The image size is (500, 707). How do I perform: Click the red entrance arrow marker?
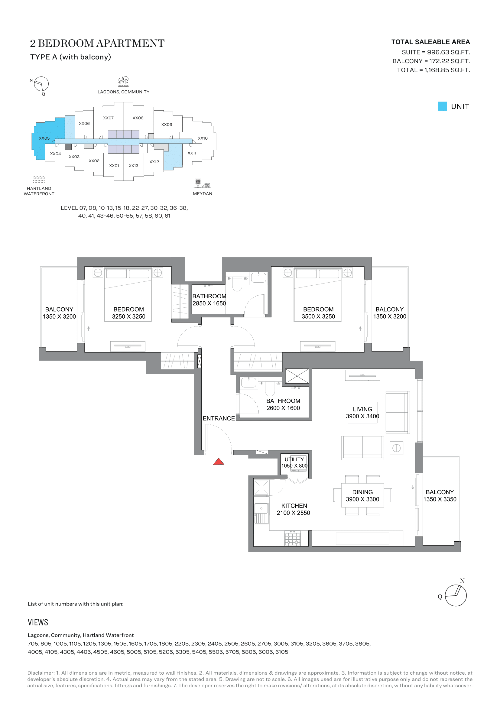pyautogui.click(x=219, y=462)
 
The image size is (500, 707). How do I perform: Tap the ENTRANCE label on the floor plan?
pyautogui.click(x=219, y=418)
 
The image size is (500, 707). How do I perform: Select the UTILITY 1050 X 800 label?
pyautogui.click(x=294, y=462)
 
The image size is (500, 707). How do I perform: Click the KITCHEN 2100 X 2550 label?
pyautogui.click(x=294, y=509)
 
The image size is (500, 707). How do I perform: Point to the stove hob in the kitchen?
pyautogui.click(x=292, y=539)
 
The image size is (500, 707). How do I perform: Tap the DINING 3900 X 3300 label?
pyautogui.click(x=362, y=496)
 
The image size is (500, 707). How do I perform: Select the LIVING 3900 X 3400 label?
pyautogui.click(x=362, y=413)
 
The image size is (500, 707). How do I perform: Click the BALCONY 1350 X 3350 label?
pyautogui.click(x=440, y=496)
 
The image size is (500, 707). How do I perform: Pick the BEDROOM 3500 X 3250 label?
pyautogui.click(x=318, y=313)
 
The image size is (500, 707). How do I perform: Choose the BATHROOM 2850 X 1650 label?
pyautogui.click(x=209, y=300)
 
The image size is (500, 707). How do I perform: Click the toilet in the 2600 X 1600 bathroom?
pyautogui.click(x=270, y=389)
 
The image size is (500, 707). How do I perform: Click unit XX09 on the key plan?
pyautogui.click(x=167, y=125)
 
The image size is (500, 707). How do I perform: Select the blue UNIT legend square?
pyautogui.click(x=442, y=106)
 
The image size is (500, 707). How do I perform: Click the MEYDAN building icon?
pyautogui.click(x=202, y=183)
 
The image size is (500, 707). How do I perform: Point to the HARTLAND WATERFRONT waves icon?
pyautogui.click(x=39, y=180)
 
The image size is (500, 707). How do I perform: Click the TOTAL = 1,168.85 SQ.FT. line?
pyautogui.click(x=433, y=70)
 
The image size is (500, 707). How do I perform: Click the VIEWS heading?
pyautogui.click(x=38, y=622)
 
